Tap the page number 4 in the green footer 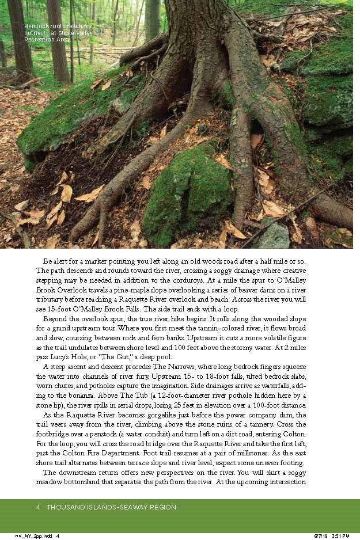(37, 507)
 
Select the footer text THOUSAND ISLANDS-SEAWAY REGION (111, 507)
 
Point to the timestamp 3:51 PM (340, 536)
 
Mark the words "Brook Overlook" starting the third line (62, 289)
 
